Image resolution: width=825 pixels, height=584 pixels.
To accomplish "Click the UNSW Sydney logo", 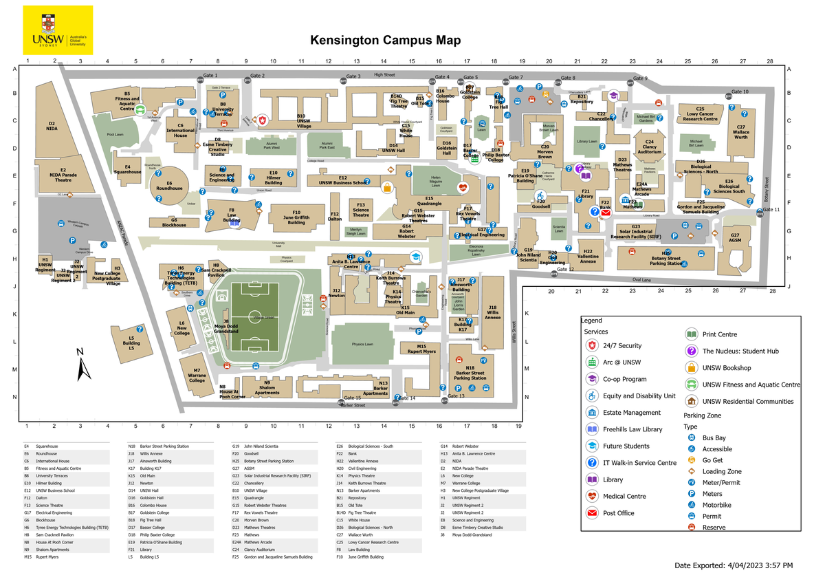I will click(x=58, y=31).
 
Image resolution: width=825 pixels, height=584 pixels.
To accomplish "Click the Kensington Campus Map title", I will click(x=385, y=41).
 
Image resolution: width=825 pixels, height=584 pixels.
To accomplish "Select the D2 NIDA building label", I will click(x=52, y=126).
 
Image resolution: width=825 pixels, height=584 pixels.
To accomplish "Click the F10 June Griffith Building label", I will click(x=296, y=217).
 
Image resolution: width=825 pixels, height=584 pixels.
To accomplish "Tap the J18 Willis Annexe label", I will click(x=492, y=312).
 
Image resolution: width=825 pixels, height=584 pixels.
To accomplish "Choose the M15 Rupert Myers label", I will click(x=421, y=349).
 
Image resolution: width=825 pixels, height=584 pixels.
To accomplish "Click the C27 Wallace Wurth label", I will click(x=740, y=131).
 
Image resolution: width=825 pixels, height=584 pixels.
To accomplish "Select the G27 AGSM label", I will click(x=735, y=237).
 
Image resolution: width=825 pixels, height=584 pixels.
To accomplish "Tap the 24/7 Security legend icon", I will click(x=592, y=346).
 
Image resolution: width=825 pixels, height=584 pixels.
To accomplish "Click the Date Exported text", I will click(x=733, y=565).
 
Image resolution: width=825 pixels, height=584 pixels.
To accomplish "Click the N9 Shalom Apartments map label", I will click(x=267, y=387).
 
